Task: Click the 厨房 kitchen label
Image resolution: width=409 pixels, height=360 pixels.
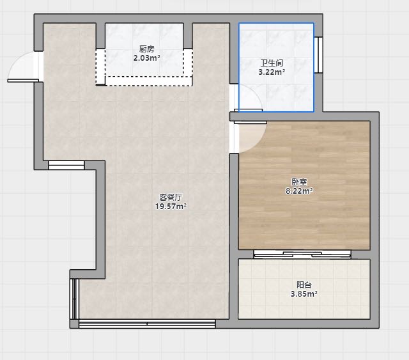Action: pos(146,49)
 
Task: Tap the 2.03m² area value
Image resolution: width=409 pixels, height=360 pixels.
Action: pos(146,58)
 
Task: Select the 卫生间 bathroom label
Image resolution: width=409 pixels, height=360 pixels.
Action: pos(272,63)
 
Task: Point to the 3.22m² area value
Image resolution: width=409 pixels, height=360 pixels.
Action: pos(272,72)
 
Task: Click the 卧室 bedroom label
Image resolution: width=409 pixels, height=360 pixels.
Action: pos(299,182)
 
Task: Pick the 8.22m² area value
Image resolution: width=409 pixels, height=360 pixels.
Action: pos(299,191)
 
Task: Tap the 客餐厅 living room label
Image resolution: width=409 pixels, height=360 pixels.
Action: pos(171,197)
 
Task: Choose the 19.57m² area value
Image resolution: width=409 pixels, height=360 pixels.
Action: pos(171,207)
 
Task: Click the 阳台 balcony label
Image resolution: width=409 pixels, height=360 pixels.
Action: pos(304,285)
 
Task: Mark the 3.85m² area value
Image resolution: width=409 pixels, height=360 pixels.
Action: pos(304,294)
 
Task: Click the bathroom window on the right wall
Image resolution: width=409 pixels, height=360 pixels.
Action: pos(318,55)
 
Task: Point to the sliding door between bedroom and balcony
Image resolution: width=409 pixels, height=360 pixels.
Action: pos(302,254)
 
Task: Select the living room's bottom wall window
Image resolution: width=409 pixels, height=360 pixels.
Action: pos(147,324)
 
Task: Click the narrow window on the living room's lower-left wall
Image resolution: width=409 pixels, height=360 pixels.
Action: pos(74,299)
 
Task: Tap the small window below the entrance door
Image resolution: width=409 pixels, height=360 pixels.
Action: pos(66,165)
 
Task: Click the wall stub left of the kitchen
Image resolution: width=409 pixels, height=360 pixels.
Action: pos(100,36)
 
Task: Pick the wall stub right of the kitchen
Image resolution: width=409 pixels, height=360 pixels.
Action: pos(188,36)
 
